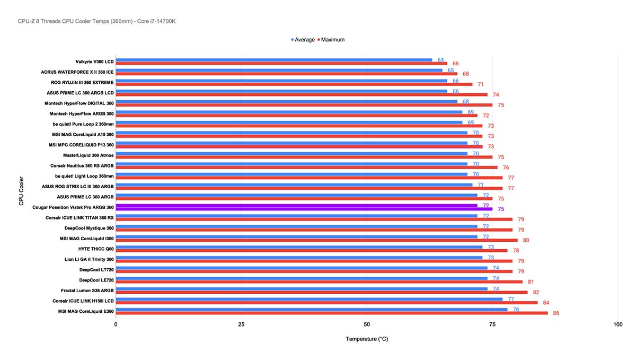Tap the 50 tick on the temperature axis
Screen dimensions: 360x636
coord(366,324)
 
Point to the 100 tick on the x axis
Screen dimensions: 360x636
coord(617,324)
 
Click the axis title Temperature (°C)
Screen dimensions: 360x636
coord(366,339)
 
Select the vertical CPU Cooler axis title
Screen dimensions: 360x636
coord(21,191)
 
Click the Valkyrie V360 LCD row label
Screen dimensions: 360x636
coord(94,62)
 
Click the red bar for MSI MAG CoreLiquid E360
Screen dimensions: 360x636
coord(332,313)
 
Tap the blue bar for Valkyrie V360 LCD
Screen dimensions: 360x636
coord(273,59)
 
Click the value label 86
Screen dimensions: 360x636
coord(556,313)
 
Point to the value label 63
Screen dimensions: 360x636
coord(440,60)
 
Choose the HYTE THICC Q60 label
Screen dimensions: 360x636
coord(95,249)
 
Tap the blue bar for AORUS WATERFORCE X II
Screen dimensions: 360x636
coord(279,70)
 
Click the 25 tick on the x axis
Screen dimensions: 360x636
coord(241,324)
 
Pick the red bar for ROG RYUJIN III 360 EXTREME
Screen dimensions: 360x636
coord(294,84)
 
